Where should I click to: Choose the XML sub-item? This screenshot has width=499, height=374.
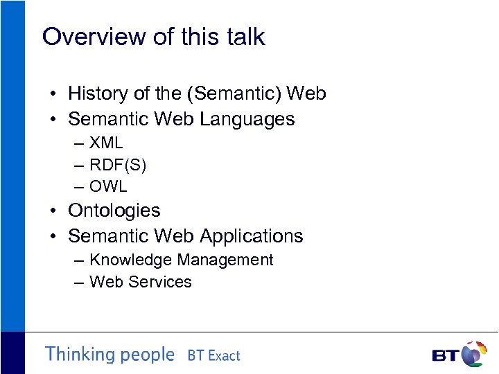106,143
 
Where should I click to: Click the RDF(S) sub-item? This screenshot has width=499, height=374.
118,165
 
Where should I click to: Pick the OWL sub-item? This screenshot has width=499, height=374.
109,186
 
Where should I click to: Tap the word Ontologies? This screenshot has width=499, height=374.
114,211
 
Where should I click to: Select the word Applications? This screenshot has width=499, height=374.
254,236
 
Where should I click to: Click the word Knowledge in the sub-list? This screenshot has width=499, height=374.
131,260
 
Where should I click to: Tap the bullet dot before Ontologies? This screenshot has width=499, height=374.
53,211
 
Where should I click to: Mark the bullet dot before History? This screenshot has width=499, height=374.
53,94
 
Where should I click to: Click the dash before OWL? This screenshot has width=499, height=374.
76,187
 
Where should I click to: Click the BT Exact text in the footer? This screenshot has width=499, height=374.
213,356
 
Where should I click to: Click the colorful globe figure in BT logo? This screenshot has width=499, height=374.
474,353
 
